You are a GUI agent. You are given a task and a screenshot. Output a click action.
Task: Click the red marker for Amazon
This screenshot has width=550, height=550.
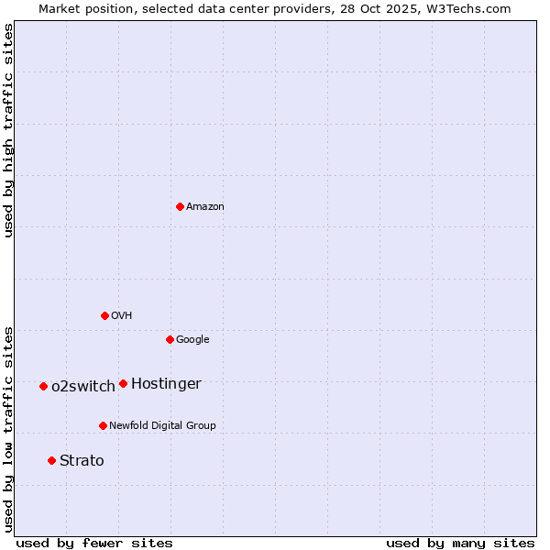[180, 206]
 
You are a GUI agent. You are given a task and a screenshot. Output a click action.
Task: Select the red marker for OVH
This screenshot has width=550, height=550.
[104, 315]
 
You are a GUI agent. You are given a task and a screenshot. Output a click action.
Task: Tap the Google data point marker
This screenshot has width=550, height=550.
[170, 339]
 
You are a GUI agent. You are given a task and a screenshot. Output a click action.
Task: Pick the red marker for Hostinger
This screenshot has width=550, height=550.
[123, 383]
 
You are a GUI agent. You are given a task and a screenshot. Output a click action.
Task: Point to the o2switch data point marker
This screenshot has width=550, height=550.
[43, 386]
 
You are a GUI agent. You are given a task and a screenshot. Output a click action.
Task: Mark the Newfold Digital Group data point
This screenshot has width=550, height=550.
[103, 425]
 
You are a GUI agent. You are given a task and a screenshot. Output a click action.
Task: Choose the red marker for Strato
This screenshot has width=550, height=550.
[51, 460]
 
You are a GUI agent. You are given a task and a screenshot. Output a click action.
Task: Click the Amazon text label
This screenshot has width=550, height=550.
[205, 207]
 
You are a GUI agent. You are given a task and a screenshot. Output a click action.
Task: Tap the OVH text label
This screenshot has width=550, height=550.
[122, 316]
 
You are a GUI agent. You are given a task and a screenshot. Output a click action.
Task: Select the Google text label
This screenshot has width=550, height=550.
[192, 340]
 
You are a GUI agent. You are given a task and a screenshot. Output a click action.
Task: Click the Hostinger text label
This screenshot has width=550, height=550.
[166, 384]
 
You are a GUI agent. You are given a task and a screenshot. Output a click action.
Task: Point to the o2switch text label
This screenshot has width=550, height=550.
[83, 387]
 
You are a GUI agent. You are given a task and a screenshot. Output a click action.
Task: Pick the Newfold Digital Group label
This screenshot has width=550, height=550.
[162, 426]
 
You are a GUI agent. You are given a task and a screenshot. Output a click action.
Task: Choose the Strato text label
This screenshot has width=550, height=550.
[82, 461]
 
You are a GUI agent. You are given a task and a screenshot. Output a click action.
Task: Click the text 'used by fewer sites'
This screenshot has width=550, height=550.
[94, 543]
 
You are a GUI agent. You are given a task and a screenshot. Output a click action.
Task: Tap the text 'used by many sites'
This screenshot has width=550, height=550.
[460, 543]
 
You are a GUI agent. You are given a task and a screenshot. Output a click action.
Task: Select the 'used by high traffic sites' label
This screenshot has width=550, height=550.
[8, 130]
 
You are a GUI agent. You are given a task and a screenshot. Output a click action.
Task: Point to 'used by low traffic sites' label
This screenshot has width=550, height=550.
[8, 428]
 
